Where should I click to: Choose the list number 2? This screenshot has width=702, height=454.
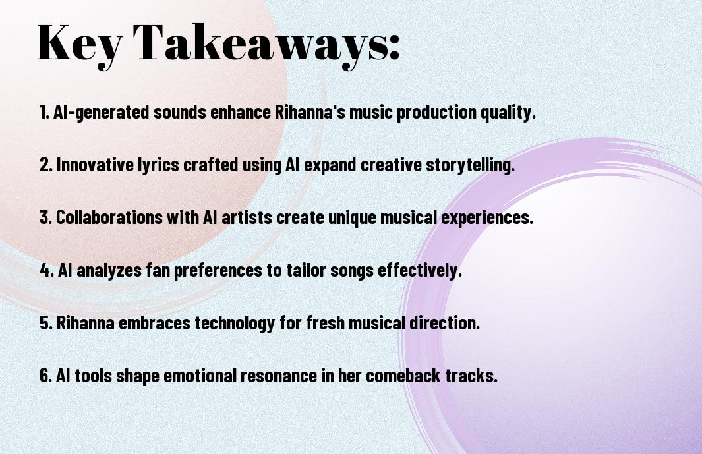coord(46,165)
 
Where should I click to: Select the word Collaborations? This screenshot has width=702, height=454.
coord(109,217)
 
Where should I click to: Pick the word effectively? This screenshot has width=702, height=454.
coord(420,270)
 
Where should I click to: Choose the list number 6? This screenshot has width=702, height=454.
coord(46,376)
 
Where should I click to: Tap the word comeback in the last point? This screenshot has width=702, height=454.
coord(403,376)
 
